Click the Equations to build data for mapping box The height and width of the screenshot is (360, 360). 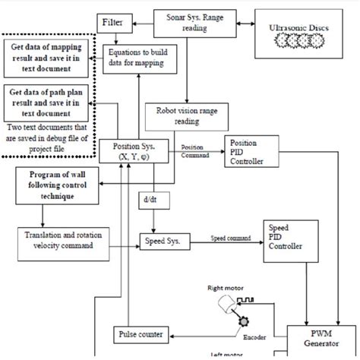[x=135, y=58]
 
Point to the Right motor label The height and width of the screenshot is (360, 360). [x=226, y=289]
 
